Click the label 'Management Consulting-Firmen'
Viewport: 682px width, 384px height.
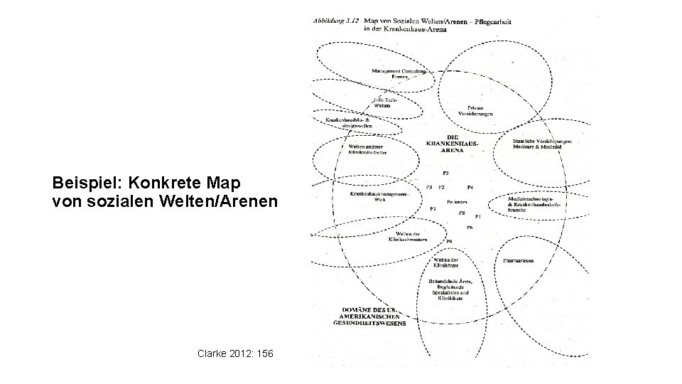coord(399,73)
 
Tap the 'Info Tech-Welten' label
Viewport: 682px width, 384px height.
coord(384,102)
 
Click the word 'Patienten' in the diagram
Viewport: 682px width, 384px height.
coord(457,203)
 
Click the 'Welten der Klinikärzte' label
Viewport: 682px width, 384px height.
coord(446,262)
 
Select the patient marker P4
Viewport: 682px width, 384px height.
coord(470,187)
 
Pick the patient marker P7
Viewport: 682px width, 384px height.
coord(433,209)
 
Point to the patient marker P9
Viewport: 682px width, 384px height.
coord(449,242)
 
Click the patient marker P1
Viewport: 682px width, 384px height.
coord(478,216)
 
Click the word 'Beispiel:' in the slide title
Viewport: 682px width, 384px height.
coord(79,183)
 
